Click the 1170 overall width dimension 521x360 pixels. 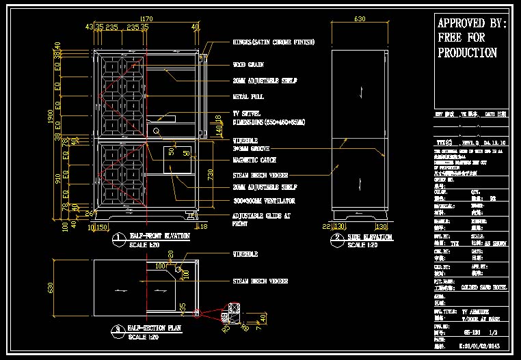(146, 18)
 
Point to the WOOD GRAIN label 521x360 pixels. (247, 66)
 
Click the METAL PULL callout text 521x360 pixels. (248, 97)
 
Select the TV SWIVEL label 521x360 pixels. (248, 113)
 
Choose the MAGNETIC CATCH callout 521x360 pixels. (254, 161)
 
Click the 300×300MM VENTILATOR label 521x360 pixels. (263, 201)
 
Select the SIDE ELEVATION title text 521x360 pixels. (371, 237)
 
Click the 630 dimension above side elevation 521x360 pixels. (360, 19)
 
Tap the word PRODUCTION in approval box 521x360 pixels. (467, 53)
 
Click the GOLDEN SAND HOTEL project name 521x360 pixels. (484, 288)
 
